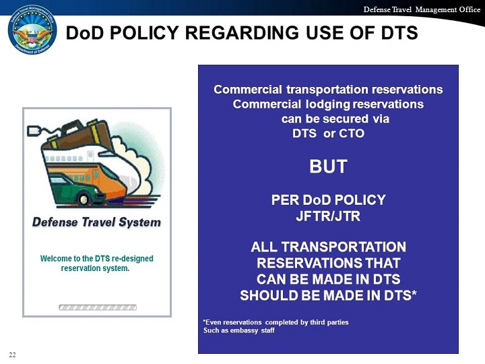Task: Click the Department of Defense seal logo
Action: pos(32,30)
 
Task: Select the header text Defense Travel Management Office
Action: pos(422,9)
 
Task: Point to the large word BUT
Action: pos(328,166)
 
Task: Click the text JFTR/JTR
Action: pos(328,216)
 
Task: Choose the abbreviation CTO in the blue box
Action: pos(352,133)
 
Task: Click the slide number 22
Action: pos(12,355)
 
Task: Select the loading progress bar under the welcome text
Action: pos(98,307)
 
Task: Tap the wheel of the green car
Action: pos(84,200)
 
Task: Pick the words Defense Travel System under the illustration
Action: pos(96,222)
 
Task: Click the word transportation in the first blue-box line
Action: pos(327,90)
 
